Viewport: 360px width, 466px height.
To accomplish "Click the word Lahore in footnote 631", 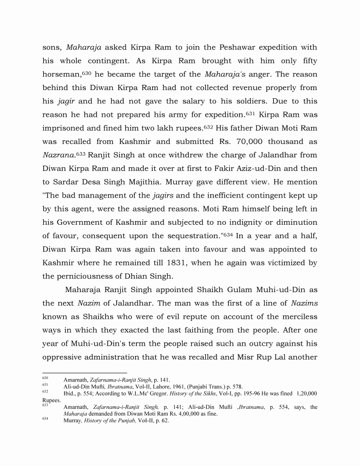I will (151, 386).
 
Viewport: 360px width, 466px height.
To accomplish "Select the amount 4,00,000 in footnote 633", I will (166, 414).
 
